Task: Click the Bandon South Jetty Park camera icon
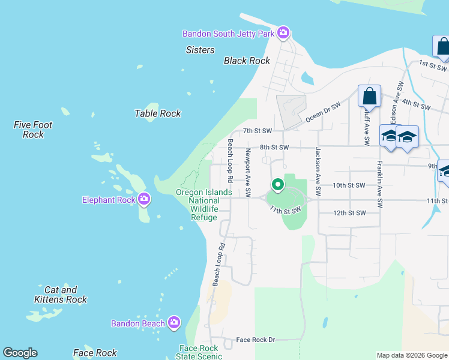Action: click(x=283, y=33)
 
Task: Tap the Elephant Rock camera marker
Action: click(x=143, y=199)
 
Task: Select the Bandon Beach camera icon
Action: click(x=174, y=323)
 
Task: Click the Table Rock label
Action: click(x=157, y=113)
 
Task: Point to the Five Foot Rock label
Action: click(x=33, y=130)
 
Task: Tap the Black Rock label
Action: click(x=247, y=61)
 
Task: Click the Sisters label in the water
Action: click(x=200, y=50)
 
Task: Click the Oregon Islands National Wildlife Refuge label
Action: click(x=203, y=205)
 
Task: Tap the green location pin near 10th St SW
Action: click(x=277, y=185)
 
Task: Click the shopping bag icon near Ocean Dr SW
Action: click(x=369, y=96)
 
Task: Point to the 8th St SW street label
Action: click(x=274, y=147)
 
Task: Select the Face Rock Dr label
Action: click(x=255, y=340)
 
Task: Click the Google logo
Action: click(x=20, y=352)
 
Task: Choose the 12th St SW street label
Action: click(x=349, y=213)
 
